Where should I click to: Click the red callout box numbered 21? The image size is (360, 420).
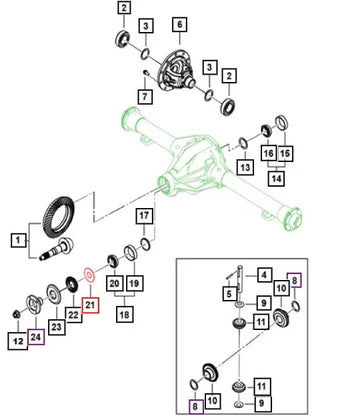91,305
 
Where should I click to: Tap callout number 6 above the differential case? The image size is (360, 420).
180,25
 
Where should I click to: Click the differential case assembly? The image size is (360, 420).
177,71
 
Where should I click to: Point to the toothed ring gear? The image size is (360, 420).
58,217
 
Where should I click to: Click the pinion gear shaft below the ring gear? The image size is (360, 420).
56,249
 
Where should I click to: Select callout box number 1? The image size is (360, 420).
18,240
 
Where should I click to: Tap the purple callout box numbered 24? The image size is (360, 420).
36,337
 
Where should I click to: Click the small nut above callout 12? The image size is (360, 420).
15,313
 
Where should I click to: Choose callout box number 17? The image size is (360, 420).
144,216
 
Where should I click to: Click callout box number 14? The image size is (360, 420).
276,178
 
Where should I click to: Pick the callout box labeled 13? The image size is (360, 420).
245,167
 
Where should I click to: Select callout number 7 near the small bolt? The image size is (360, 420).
145,96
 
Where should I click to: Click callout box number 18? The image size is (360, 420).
125,314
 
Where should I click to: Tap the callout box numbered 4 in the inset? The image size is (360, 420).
264,275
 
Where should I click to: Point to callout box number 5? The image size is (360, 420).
229,294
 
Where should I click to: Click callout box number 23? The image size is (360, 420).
57,327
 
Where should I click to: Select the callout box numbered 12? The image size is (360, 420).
18,341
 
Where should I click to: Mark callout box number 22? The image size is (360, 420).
73,314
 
